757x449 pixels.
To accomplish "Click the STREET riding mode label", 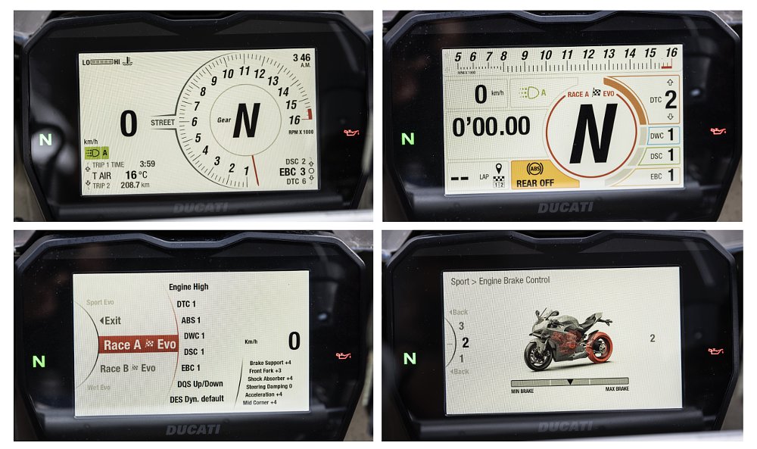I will tap(163, 122).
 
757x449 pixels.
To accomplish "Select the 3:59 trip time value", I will tap(148, 164).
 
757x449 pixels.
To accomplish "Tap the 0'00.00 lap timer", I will tap(491, 126).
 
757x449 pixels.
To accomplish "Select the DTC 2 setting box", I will tap(659, 100).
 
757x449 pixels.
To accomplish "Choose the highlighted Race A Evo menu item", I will tap(139, 345).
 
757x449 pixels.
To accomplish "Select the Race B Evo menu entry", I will tap(128, 369).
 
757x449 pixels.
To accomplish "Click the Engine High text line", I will tap(188, 287).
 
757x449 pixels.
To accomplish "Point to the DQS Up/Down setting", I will tap(195, 384).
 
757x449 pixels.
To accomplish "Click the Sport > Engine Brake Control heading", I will tap(500, 281).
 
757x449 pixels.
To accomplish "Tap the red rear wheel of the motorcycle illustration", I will tap(598, 348).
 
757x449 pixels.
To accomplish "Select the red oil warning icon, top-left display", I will tap(350, 133).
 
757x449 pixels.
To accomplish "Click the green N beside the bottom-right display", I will tap(410, 358).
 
